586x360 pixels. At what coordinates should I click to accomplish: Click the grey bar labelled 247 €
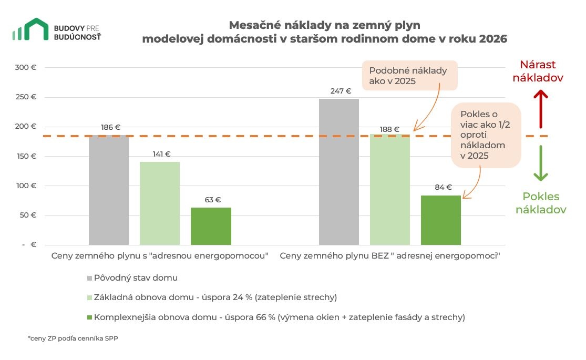click(x=338, y=172)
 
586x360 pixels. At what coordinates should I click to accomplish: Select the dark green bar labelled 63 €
click(x=211, y=226)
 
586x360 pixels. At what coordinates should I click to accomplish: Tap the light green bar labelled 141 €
click(x=160, y=203)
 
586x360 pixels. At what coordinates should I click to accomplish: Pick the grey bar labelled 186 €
click(x=109, y=190)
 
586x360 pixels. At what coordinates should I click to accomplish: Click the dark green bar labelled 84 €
click(x=440, y=220)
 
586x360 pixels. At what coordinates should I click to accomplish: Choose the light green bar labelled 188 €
click(x=389, y=189)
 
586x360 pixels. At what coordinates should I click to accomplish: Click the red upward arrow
click(x=541, y=109)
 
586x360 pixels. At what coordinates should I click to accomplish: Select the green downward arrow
click(x=541, y=163)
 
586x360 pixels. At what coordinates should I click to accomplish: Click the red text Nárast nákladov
click(x=538, y=71)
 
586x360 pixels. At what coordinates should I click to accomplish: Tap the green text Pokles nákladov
click(x=541, y=203)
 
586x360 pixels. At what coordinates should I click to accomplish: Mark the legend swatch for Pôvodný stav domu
click(x=90, y=277)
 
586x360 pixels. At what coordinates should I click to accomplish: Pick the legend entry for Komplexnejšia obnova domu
click(x=279, y=317)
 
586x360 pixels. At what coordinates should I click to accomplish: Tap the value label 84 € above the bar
click(x=443, y=187)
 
